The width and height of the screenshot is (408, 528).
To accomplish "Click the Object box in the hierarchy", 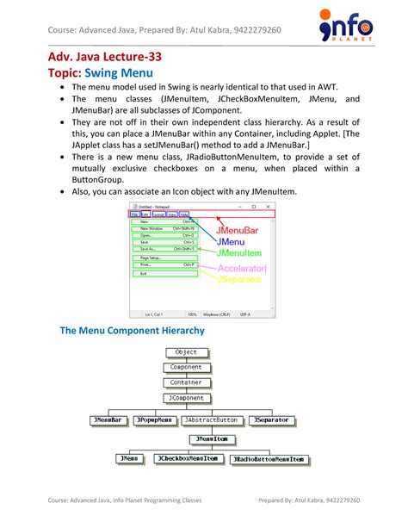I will (x=186, y=352).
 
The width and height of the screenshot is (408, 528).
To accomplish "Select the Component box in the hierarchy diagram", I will (x=186, y=367).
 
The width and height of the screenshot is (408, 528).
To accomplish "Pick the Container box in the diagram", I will (x=186, y=382).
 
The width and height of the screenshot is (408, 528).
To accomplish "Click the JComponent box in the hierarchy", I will (x=186, y=399).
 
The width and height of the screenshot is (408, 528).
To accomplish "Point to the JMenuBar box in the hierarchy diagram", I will (x=109, y=420).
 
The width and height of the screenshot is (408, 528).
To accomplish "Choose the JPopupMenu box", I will (x=156, y=420).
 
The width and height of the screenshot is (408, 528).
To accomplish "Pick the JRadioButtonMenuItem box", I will (x=269, y=459).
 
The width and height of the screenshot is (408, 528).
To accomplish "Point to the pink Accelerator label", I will (x=242, y=268).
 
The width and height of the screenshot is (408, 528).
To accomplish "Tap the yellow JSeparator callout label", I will (x=241, y=280).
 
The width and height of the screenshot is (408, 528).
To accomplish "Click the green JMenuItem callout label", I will (x=240, y=254).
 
